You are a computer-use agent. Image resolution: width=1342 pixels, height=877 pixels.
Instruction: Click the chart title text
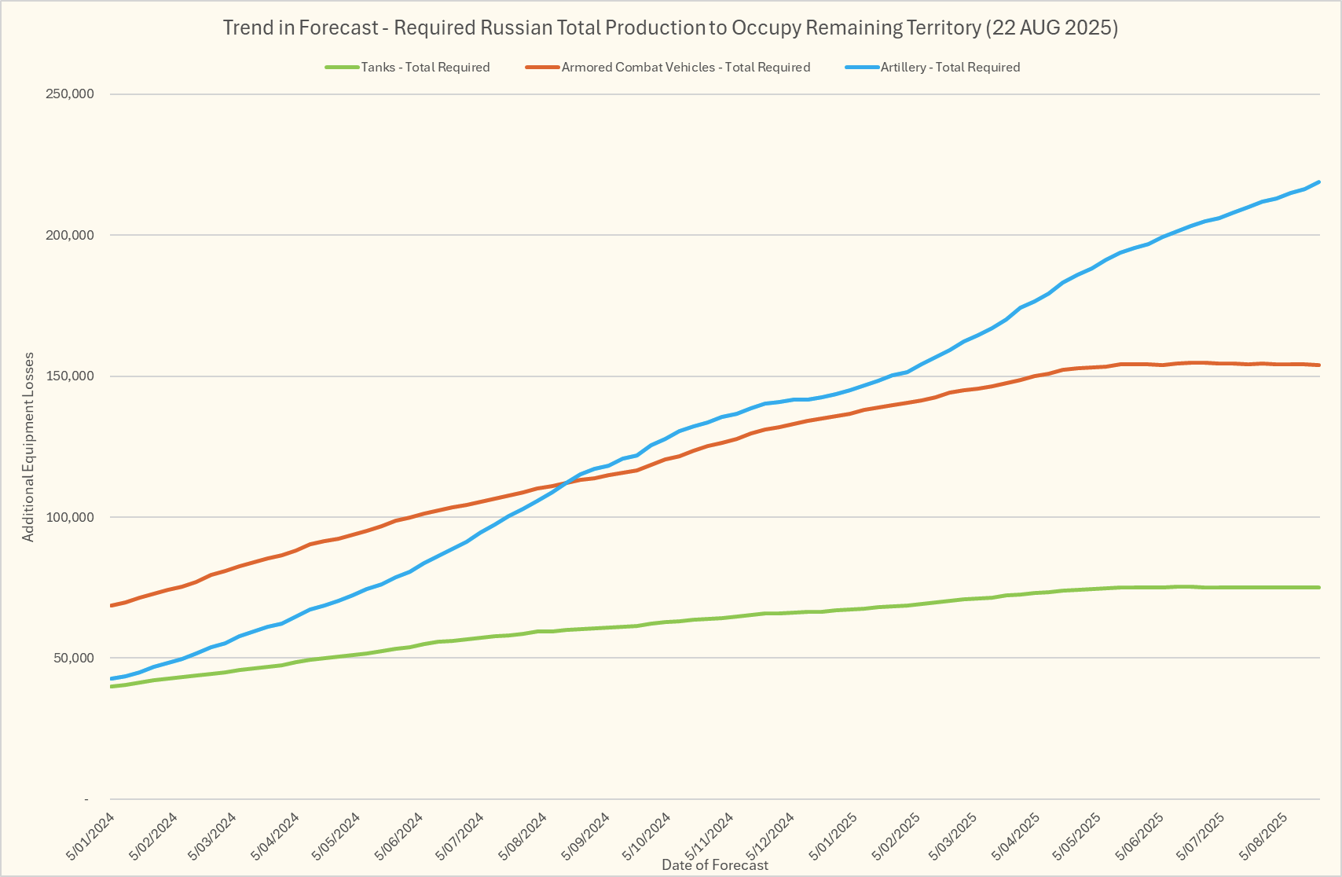click(670, 28)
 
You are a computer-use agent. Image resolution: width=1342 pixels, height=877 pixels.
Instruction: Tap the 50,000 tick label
click(74, 658)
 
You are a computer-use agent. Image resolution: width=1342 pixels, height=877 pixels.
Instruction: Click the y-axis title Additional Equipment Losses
click(28, 447)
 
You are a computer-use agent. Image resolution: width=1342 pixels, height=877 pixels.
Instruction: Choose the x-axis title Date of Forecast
click(715, 865)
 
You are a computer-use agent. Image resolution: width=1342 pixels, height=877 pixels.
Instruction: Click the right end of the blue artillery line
click(1319, 182)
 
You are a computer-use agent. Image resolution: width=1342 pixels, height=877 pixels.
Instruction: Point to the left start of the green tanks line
click(112, 687)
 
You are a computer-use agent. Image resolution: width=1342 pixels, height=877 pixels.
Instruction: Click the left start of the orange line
click(112, 606)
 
